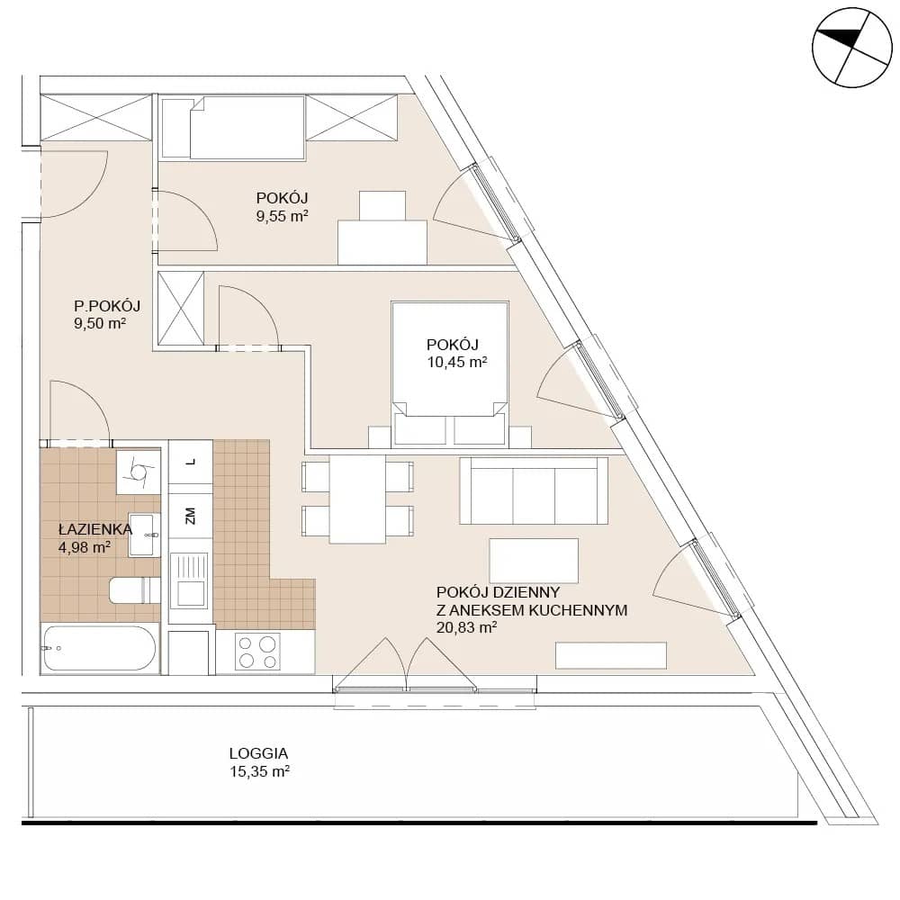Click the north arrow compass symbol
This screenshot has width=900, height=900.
point(852,48)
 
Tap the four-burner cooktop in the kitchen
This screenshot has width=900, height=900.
point(257,652)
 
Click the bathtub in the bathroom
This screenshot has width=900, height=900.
point(99,649)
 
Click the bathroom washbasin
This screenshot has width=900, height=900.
point(142,535)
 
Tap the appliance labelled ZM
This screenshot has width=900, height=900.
point(191,515)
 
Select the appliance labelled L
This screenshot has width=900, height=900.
point(191,462)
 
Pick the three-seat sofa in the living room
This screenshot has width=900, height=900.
point(534,490)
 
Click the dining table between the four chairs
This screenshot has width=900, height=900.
point(357,499)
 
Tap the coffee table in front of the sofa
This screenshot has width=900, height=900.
point(534,560)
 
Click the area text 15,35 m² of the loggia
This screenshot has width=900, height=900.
point(259,771)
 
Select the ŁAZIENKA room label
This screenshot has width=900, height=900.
point(95,529)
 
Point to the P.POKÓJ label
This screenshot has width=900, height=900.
point(107,306)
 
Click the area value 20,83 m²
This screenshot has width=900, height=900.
point(466,627)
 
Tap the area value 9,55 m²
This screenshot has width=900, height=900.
point(283,216)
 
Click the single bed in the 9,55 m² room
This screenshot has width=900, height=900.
point(233,128)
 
